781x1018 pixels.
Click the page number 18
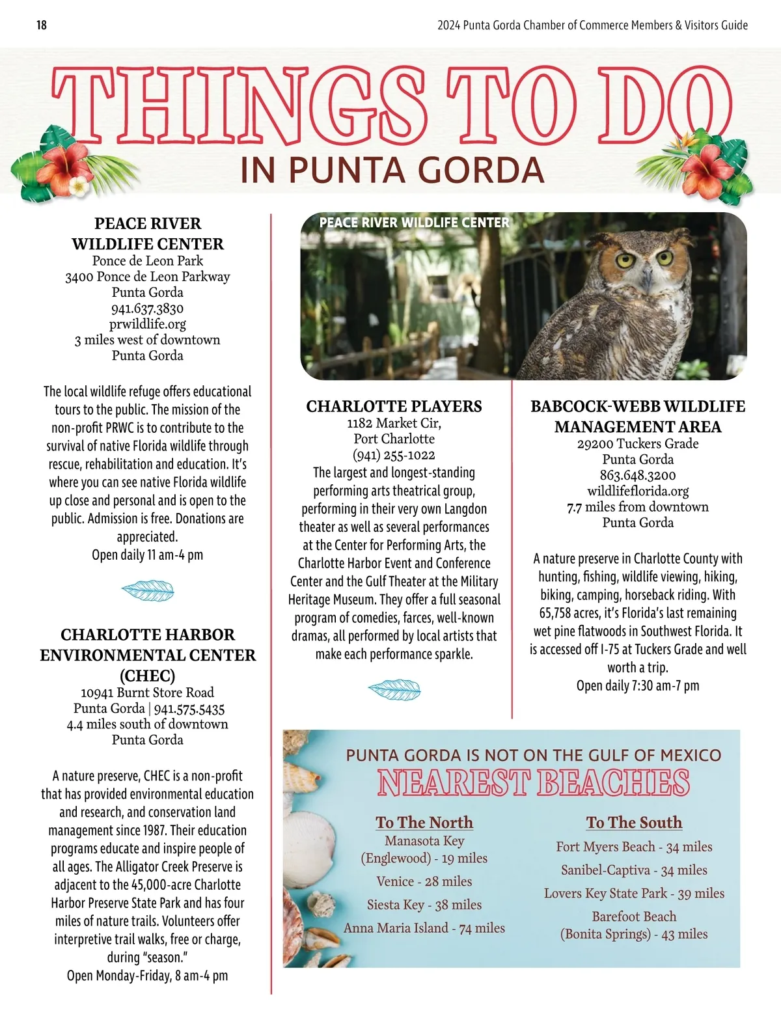[x=42, y=25]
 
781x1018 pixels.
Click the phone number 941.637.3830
[x=147, y=309]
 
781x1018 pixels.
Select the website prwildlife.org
[x=147, y=324]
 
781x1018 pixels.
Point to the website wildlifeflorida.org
[x=638, y=491]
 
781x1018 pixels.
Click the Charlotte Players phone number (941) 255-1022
[x=394, y=455]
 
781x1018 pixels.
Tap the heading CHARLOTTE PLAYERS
[x=394, y=407]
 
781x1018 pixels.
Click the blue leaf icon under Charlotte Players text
[x=394, y=689]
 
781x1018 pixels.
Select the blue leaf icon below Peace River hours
[x=148, y=590]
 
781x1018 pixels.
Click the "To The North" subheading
[x=424, y=823]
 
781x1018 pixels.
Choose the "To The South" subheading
[x=634, y=823]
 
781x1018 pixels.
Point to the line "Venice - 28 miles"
[x=424, y=881]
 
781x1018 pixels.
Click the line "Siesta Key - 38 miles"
[x=424, y=905]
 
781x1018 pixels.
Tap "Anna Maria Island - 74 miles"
[x=424, y=928]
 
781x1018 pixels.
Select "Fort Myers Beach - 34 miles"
[x=634, y=847]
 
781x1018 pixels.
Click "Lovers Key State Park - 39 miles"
[x=634, y=894]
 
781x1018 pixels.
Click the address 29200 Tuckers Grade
[x=638, y=444]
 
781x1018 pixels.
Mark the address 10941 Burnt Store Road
[x=147, y=693]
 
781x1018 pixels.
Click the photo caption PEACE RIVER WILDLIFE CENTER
[x=414, y=223]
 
